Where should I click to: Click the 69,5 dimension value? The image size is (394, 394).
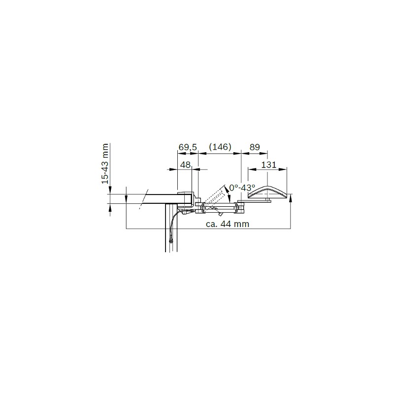click(188, 147)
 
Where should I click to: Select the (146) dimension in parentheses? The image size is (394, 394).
click(220, 147)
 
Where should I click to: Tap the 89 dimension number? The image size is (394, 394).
click(255, 147)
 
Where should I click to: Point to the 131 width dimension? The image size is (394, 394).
click(268, 165)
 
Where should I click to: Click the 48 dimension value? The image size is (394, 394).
click(186, 165)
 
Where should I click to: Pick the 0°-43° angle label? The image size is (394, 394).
click(242, 188)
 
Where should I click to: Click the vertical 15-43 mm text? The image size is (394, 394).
click(105, 164)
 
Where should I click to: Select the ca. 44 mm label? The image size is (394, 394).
click(228, 224)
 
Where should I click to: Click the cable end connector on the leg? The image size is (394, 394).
click(171, 241)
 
